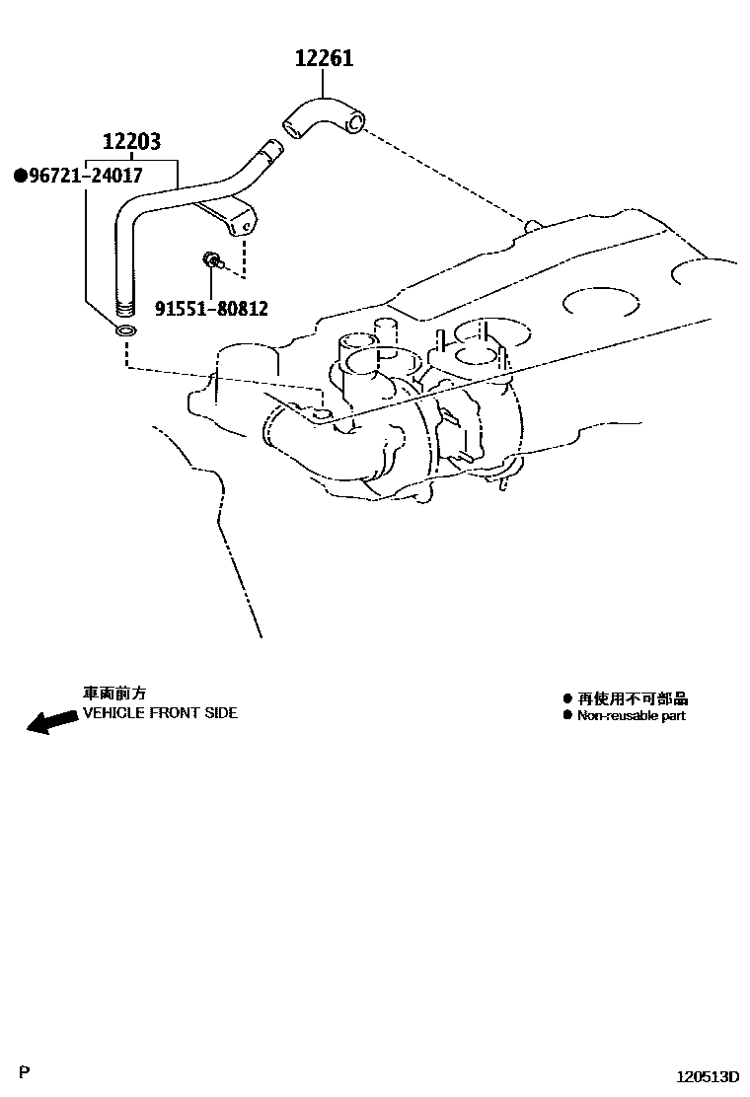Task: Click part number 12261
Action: coord(324,57)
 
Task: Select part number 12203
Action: coord(131,141)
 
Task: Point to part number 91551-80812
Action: coord(211,308)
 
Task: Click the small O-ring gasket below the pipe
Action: coord(126,330)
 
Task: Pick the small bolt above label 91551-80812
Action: coord(212,261)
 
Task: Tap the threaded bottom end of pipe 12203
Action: coord(124,308)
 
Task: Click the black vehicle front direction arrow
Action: coord(52,721)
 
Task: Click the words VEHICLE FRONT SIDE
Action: coord(160,713)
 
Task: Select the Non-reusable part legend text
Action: coord(631,715)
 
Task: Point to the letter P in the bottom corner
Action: coord(25,1071)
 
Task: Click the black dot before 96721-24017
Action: coord(22,176)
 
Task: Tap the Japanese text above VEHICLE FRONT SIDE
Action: coord(114,694)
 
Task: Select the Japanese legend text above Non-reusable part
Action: coord(632,698)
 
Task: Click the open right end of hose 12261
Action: coord(355,123)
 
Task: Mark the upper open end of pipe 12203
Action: coord(272,147)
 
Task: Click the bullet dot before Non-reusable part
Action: coord(567,715)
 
